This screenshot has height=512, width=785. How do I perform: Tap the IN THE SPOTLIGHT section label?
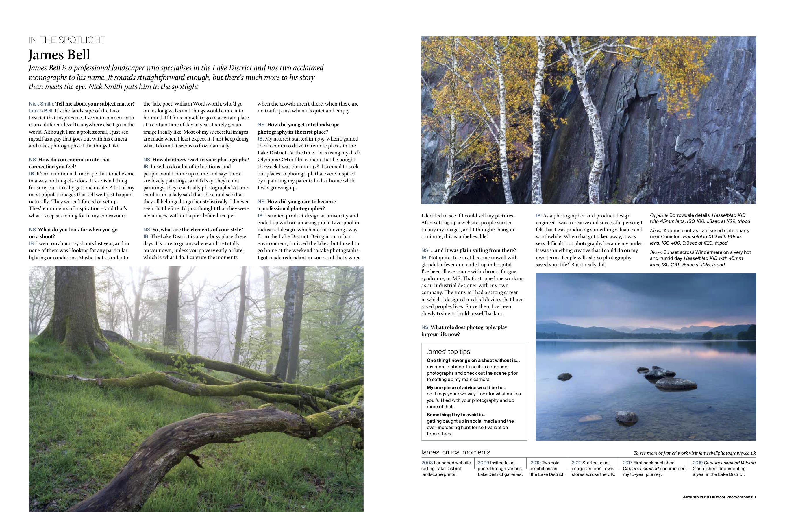(x=67, y=40)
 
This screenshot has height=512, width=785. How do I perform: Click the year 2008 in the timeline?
(x=427, y=463)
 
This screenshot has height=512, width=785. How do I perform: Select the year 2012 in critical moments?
(x=577, y=463)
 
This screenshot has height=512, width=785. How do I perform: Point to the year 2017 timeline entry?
(x=627, y=463)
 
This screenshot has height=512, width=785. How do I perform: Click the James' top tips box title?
(x=448, y=352)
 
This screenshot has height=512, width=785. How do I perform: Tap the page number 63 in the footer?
(x=753, y=497)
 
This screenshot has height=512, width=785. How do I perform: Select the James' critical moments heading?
(x=456, y=452)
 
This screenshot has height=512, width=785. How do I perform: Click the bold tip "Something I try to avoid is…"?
(x=456, y=415)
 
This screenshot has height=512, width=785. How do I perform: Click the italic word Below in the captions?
(x=656, y=252)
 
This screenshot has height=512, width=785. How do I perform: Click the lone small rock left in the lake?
(x=564, y=376)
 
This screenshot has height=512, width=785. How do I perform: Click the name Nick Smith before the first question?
(x=41, y=104)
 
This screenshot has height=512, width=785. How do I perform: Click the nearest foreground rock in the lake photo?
(x=627, y=418)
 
